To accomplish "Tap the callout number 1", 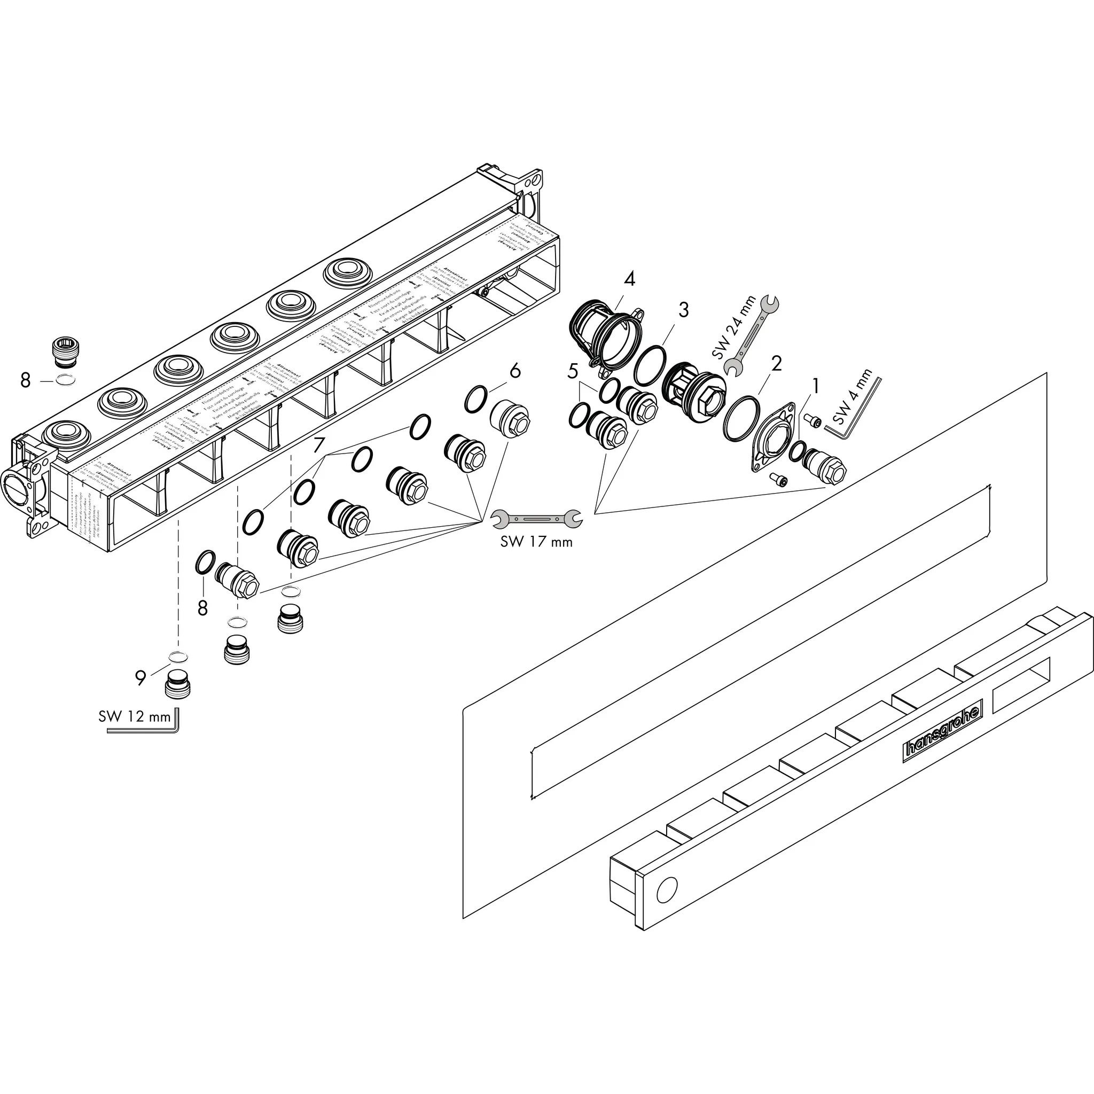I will click(x=815, y=386).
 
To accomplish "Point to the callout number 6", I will click(x=514, y=371).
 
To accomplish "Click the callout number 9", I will click(x=140, y=677).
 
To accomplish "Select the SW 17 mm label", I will click(x=536, y=542).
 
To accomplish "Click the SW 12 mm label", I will click(x=134, y=716).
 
